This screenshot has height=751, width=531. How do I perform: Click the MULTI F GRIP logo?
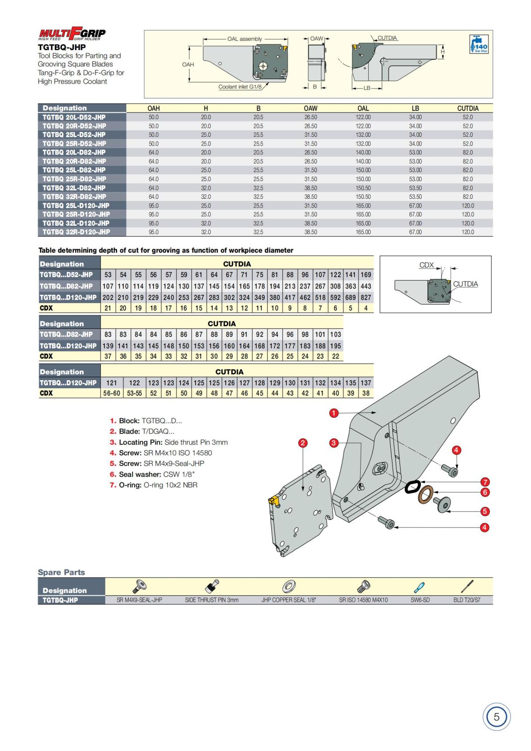click(x=72, y=34)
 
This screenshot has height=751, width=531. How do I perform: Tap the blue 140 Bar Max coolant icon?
click(x=479, y=44)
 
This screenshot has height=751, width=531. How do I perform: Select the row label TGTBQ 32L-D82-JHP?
click(x=74, y=188)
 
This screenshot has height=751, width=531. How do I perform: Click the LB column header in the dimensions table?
click(x=416, y=108)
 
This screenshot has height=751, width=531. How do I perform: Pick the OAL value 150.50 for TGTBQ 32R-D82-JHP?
click(x=363, y=197)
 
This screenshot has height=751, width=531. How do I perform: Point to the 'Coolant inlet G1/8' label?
click(x=240, y=87)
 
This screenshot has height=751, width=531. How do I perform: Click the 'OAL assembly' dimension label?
click(x=245, y=39)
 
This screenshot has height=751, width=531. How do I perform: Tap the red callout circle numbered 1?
click(x=334, y=413)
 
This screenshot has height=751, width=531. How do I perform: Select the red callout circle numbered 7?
click(x=485, y=482)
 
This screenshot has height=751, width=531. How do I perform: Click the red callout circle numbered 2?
click(x=303, y=443)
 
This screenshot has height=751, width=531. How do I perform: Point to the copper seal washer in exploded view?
click(x=425, y=494)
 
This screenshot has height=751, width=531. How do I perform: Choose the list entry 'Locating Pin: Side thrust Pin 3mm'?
click(x=169, y=442)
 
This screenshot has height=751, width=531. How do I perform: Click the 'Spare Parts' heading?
click(x=62, y=572)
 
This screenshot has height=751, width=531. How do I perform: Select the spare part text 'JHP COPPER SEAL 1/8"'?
click(x=289, y=600)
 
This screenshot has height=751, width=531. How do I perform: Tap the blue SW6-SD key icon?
click(x=419, y=587)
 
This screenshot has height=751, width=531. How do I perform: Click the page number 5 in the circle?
click(x=496, y=717)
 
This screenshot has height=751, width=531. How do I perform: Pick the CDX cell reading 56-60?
click(x=112, y=393)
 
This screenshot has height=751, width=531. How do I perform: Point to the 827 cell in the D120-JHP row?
click(x=366, y=297)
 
